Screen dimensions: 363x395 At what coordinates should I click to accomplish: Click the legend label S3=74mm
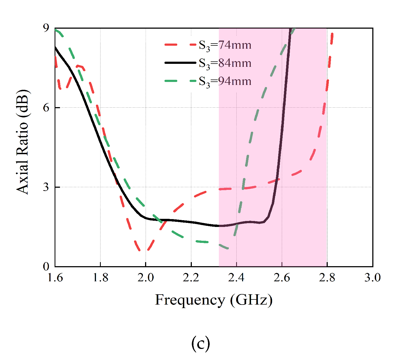(225, 45)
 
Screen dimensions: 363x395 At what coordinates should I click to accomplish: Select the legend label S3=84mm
(225, 63)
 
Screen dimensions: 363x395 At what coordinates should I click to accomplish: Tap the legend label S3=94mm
(225, 81)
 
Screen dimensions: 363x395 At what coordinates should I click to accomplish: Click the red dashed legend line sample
(180, 45)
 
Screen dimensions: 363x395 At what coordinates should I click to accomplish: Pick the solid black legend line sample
(180, 63)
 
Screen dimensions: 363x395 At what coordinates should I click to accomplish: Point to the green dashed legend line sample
(180, 81)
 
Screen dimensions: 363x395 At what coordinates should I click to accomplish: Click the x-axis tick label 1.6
(55, 278)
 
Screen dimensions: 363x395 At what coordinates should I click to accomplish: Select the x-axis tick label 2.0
(146, 278)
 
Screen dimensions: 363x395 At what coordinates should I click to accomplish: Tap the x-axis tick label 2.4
(236, 278)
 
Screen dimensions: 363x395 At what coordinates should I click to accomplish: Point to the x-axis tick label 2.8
(327, 278)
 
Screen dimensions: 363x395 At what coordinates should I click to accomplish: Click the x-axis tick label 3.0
(372, 278)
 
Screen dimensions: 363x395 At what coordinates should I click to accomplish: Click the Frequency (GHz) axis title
(213, 300)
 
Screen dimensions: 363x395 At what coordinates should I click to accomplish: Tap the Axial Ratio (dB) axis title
(23, 142)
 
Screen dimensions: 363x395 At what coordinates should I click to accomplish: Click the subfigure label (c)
(200, 344)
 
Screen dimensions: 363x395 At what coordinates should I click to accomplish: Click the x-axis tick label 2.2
(191, 278)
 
